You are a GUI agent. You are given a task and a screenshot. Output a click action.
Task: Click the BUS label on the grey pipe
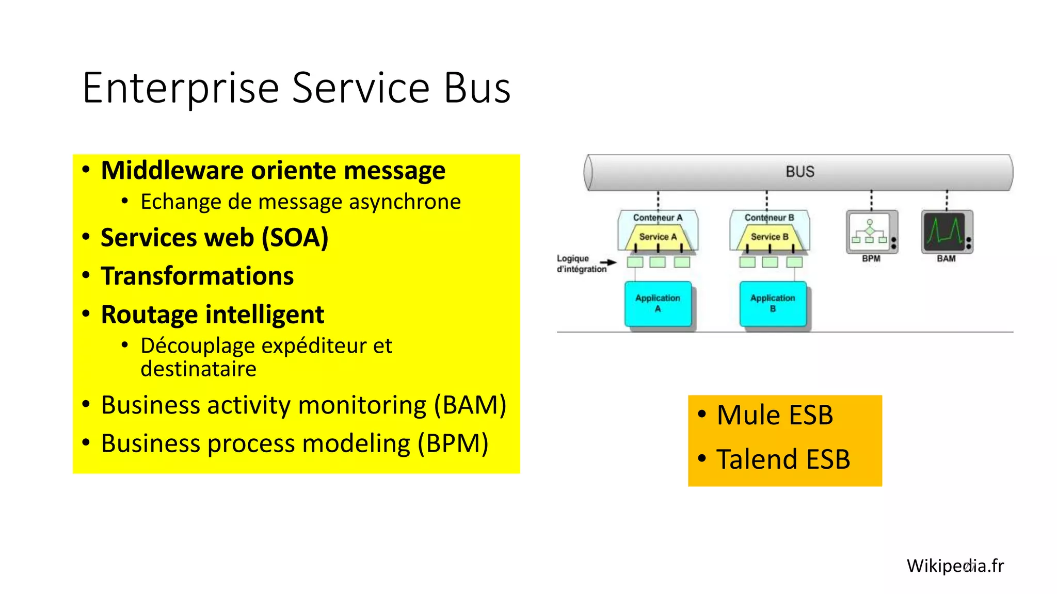[x=799, y=172]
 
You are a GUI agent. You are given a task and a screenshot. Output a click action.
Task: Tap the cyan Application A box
[x=658, y=304]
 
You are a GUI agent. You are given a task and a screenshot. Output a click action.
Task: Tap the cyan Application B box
[x=773, y=304]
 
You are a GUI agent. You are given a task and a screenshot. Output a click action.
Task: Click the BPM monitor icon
[x=871, y=232]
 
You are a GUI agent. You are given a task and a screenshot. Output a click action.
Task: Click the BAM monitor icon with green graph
[x=946, y=232]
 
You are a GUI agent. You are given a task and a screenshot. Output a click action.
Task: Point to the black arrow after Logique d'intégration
[x=608, y=263]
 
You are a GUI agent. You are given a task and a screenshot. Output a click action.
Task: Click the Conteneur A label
[x=658, y=218]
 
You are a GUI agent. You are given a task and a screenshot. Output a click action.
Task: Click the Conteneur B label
[x=769, y=218]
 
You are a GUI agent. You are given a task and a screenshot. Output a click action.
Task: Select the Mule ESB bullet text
[x=774, y=416]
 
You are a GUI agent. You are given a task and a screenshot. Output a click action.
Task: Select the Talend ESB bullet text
[x=782, y=459]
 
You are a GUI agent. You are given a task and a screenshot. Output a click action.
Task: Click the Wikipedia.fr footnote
[x=955, y=566]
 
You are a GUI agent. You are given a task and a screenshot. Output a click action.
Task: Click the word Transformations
[x=197, y=276]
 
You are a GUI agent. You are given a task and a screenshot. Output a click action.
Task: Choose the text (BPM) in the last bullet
[x=453, y=443]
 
